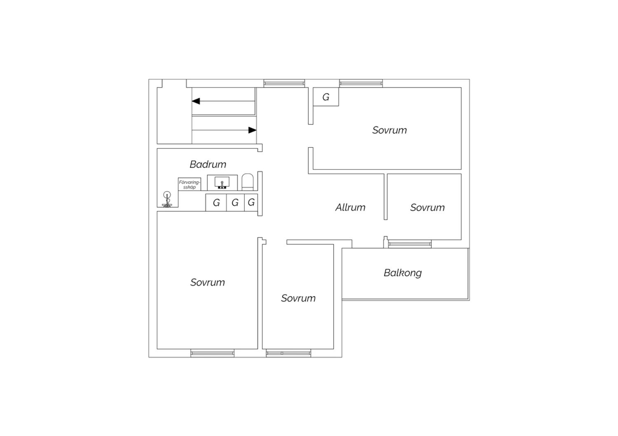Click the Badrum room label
click(x=208, y=165)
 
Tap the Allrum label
click(x=350, y=207)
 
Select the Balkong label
click(x=403, y=273)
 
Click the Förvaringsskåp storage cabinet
click(x=189, y=184)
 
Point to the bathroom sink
click(x=222, y=183)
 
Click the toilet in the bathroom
click(x=248, y=182)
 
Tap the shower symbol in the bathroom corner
click(x=167, y=199)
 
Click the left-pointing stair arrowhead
click(x=196, y=101)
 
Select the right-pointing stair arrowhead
click(x=252, y=130)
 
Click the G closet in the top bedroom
click(x=326, y=97)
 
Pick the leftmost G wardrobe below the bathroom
click(x=216, y=203)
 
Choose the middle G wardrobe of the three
click(x=235, y=203)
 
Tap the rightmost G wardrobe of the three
click(x=251, y=202)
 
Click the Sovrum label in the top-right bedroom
click(x=389, y=130)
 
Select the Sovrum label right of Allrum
click(x=427, y=208)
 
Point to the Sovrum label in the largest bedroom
click(x=208, y=282)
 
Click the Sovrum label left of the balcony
click(x=298, y=298)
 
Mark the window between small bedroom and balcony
click(x=410, y=244)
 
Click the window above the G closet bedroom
click(x=361, y=83)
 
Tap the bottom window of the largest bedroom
click(x=213, y=353)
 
